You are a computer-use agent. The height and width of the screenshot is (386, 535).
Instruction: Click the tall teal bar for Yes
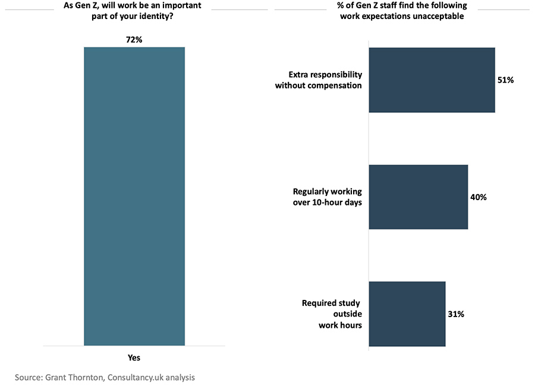[134, 197]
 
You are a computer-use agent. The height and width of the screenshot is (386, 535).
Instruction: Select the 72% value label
[134, 40]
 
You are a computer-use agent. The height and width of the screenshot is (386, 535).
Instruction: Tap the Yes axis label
[134, 357]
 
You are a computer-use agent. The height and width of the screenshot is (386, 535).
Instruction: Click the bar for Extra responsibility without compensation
[432, 80]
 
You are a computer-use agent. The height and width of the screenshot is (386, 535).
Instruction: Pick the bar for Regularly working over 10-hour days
[418, 197]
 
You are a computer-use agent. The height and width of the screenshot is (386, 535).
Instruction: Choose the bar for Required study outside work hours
[407, 314]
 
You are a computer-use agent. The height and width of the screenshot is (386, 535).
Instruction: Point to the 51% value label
[506, 80]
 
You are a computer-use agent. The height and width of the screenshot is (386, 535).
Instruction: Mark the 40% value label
[479, 197]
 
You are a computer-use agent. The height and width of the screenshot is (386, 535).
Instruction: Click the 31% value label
[456, 314]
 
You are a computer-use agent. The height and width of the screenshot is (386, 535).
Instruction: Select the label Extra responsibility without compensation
[319, 80]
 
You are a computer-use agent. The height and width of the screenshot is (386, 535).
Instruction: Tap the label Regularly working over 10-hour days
[328, 197]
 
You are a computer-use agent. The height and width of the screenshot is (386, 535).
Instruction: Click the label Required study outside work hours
[332, 314]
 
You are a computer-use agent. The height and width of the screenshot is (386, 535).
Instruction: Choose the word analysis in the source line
[180, 378]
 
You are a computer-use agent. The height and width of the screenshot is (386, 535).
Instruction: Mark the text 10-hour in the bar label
[327, 203]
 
